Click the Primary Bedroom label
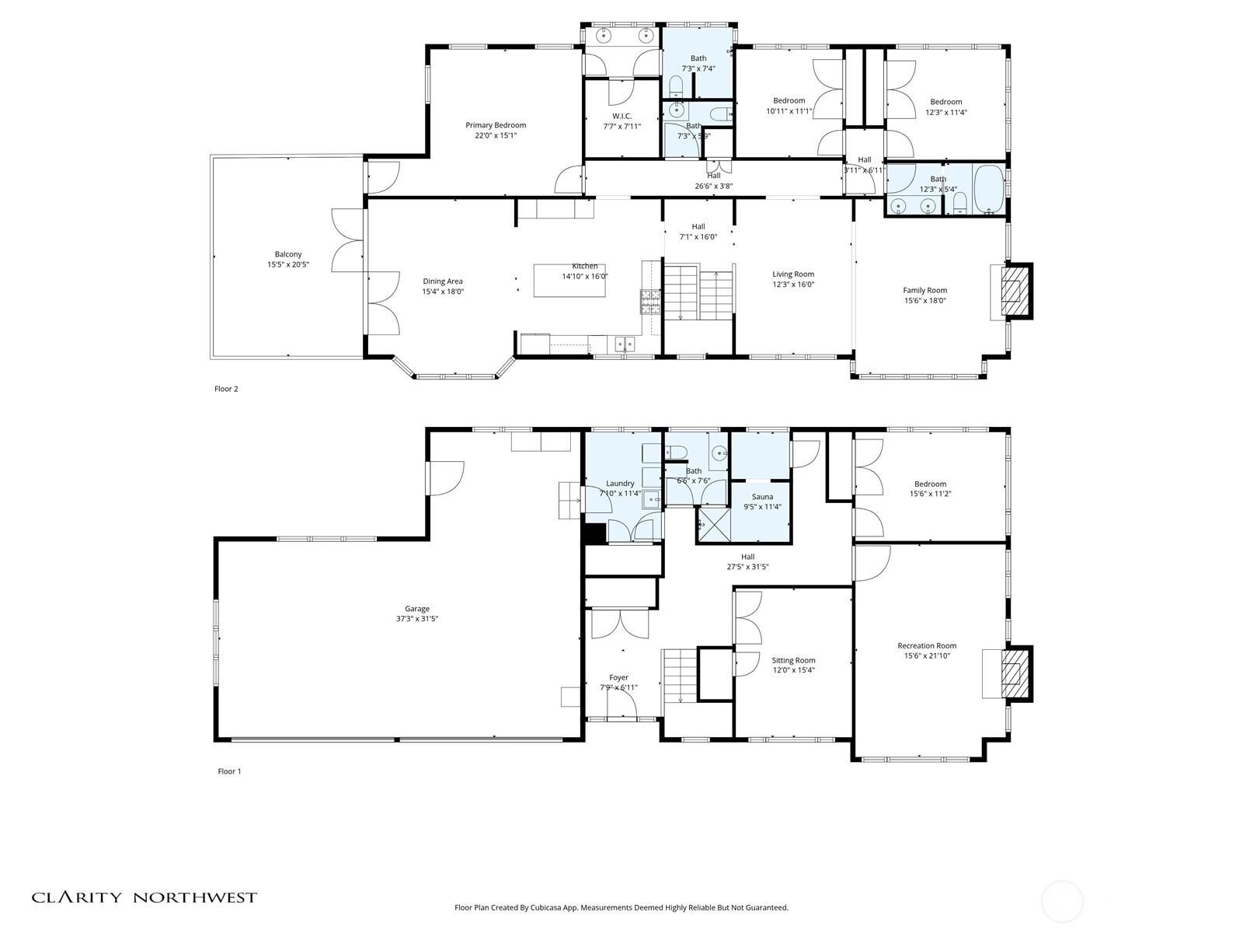(x=496, y=125)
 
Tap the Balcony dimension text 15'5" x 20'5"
(x=288, y=264)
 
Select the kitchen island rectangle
(x=569, y=280)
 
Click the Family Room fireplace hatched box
(x=1011, y=291)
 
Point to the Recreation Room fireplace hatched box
(x=1011, y=673)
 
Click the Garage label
(x=416, y=609)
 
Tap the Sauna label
(x=762, y=497)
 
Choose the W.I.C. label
(x=621, y=116)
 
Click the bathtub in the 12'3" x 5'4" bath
(x=988, y=189)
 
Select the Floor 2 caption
(x=226, y=389)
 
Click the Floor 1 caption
(x=229, y=771)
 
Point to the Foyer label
(x=618, y=677)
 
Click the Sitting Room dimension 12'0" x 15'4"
(x=793, y=670)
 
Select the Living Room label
(x=793, y=274)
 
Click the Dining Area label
(x=442, y=281)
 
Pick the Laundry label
(x=619, y=483)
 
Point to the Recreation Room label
(x=927, y=646)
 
